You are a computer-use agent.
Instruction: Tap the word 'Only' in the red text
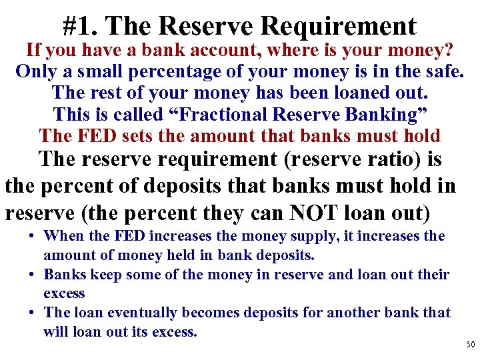[37, 71]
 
